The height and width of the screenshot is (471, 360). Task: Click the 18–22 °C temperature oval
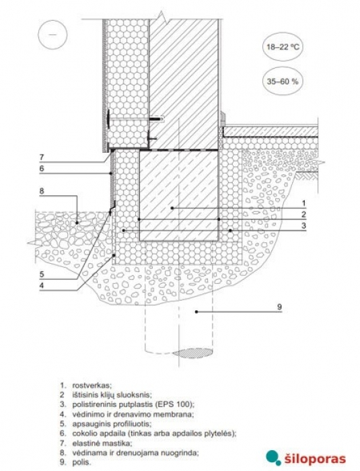283,47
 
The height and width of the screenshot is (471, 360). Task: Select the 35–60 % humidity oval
283,81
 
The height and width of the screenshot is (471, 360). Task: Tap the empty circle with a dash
52,34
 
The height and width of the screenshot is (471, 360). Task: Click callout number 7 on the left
42,157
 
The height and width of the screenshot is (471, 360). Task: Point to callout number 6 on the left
42,168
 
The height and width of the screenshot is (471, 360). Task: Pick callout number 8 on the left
42,191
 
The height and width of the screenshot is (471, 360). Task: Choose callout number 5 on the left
42,274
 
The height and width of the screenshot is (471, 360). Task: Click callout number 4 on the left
42,285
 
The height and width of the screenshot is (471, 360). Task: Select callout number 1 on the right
303,203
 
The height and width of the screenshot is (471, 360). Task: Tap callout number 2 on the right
303,214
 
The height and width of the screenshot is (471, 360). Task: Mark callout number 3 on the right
303,225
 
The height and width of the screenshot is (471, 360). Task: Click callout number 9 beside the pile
279,307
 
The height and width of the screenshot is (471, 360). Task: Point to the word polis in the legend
81,462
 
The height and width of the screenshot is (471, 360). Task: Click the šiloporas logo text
314,459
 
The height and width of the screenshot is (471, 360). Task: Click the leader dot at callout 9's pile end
196,312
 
